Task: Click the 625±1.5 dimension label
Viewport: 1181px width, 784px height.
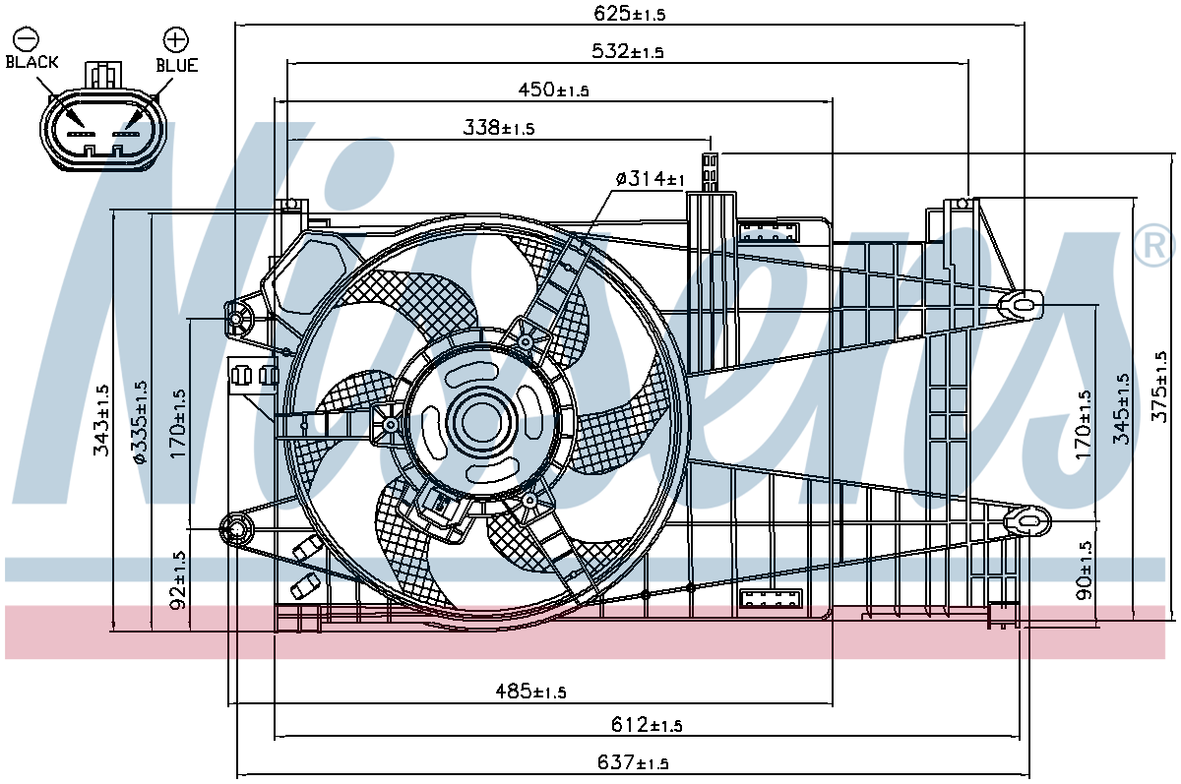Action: click(x=630, y=14)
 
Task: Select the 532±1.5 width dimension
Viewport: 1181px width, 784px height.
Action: click(x=628, y=51)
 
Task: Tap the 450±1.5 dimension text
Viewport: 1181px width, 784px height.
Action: click(x=553, y=90)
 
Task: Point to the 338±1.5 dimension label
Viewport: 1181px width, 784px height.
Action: click(x=499, y=128)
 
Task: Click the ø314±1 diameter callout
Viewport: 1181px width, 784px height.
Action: click(x=651, y=179)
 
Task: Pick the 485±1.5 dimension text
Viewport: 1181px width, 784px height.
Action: click(x=530, y=691)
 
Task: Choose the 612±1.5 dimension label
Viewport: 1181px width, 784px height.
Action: click(x=647, y=725)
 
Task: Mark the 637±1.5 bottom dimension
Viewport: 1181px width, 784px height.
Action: click(x=633, y=762)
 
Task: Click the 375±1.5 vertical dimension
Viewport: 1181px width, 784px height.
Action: click(x=1159, y=387)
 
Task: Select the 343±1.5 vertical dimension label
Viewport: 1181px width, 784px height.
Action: click(x=101, y=420)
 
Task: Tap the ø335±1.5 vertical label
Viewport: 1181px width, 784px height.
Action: click(x=141, y=423)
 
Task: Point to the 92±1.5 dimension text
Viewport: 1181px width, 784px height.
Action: click(x=179, y=580)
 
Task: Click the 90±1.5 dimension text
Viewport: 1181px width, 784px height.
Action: click(x=1084, y=571)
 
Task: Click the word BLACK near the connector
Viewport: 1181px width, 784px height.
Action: click(x=31, y=62)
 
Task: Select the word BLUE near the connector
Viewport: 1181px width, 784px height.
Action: click(x=177, y=65)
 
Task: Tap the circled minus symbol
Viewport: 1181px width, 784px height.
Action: click(x=26, y=39)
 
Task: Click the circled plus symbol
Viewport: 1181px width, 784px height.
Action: click(x=175, y=39)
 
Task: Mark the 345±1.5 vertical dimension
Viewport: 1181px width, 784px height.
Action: click(x=1121, y=409)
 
